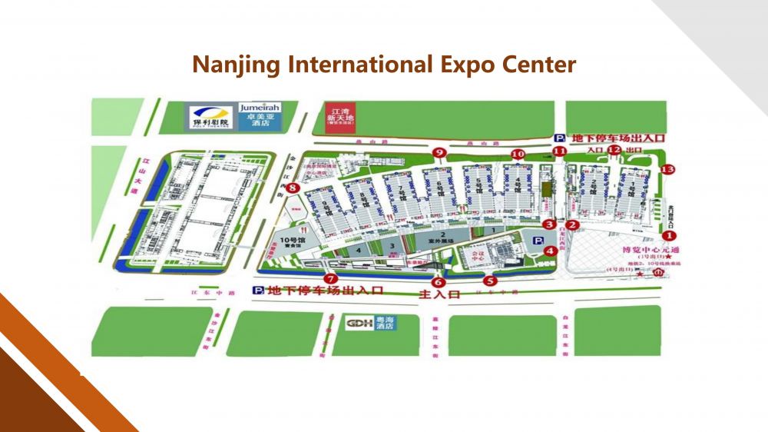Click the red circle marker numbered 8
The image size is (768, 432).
(292, 185)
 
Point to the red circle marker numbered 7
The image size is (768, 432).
(331, 279)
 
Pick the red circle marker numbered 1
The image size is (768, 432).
(670, 236)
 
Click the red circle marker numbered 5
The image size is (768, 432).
(489, 280)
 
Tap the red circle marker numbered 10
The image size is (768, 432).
(518, 154)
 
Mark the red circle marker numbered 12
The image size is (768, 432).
(613, 150)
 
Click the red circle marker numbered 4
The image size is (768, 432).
(550, 251)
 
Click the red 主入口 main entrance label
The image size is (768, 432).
(438, 294)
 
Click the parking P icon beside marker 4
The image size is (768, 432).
(538, 241)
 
